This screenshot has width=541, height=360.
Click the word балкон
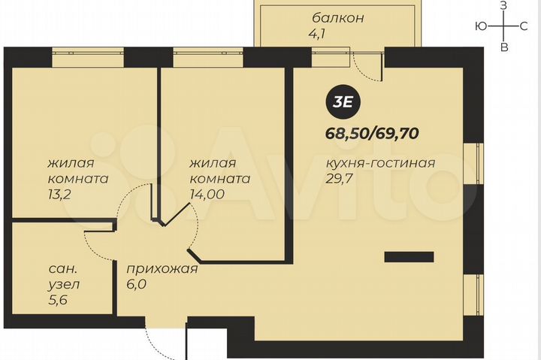click(x=338, y=17)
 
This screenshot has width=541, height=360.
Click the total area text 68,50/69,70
click(x=372, y=134)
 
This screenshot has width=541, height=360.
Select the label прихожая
click(x=162, y=269)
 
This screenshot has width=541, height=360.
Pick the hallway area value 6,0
click(x=137, y=284)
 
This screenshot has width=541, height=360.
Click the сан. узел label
click(x=61, y=277)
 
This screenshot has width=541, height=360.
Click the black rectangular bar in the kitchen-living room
click(x=409, y=257)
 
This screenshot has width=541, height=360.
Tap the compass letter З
click(x=504, y=6)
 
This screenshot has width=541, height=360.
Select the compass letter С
click(x=524, y=26)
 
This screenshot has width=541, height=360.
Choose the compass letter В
click(x=504, y=47)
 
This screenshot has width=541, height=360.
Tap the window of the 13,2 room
click(x=87, y=52)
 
